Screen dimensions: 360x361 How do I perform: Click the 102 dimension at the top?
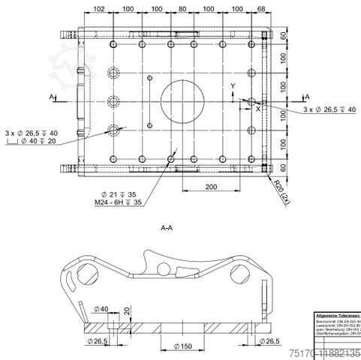[x=98, y=8]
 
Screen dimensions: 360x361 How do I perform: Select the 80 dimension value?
[x=182, y=8]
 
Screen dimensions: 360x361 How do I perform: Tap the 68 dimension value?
[x=261, y=8]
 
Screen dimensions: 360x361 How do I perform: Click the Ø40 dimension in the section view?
[x=104, y=307]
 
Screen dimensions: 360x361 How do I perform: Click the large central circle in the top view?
[x=183, y=98]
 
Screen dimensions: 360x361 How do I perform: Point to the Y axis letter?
[x=233, y=87]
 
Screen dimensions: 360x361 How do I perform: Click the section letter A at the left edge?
[x=51, y=97]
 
